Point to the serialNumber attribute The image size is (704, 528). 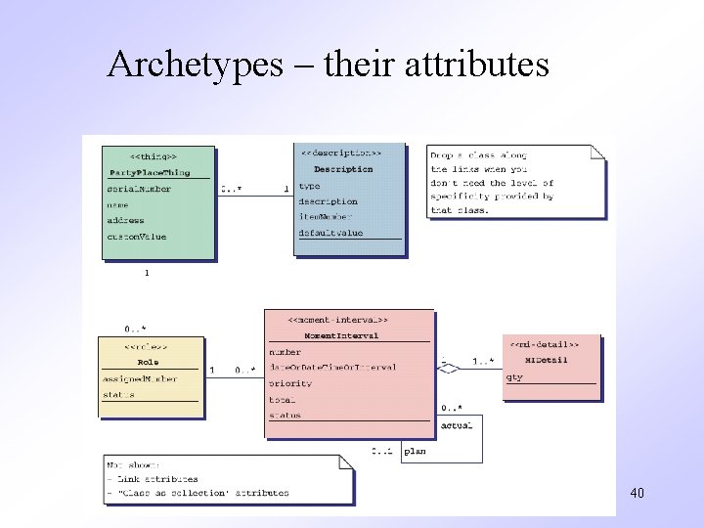pyautogui.click(x=139, y=189)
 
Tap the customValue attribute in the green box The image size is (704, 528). pyautogui.click(x=137, y=237)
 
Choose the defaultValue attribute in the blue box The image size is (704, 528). pyautogui.click(x=330, y=233)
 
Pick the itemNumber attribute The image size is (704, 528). pyautogui.click(x=327, y=217)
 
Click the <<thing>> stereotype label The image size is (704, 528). pyautogui.click(x=154, y=156)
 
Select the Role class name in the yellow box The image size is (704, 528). pyautogui.click(x=149, y=362)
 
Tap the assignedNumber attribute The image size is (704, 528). pyautogui.click(x=140, y=378)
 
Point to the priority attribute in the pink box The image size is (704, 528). pyautogui.click(x=290, y=383)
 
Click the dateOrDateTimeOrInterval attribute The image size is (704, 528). pyautogui.click(x=332, y=368)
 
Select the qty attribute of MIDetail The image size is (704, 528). pyautogui.click(x=514, y=376)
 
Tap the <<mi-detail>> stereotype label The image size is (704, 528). pyautogui.click(x=544, y=344)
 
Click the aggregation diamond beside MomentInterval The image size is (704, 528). pyautogui.click(x=448, y=369)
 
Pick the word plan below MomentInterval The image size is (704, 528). pyautogui.click(x=415, y=451)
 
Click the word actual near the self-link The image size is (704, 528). pyautogui.click(x=457, y=424)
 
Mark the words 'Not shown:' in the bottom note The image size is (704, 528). pyautogui.click(x=133, y=465)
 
